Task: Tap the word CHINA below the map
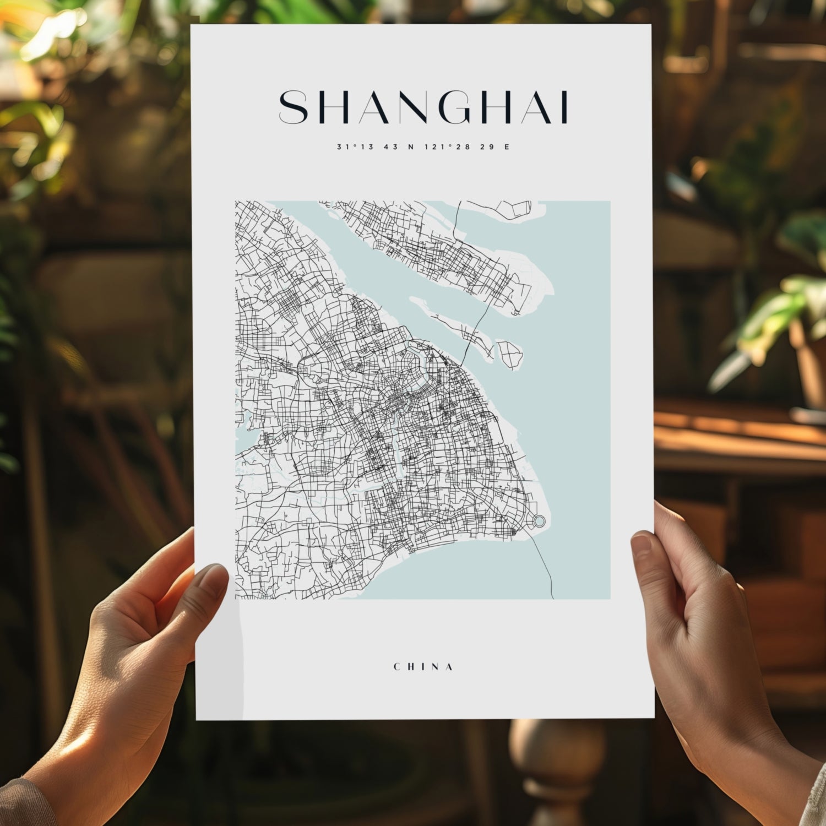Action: coord(423,667)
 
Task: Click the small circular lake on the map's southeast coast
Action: coord(539,520)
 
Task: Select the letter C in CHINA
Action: coord(397,667)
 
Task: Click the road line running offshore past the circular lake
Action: coord(545,567)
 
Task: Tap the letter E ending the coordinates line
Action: coord(507,147)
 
